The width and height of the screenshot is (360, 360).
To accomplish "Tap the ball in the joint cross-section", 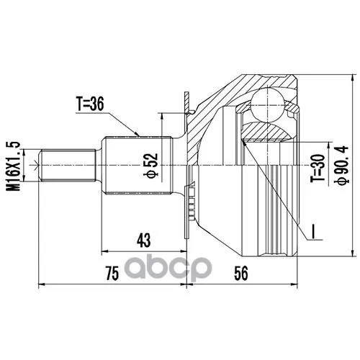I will tap(269, 102).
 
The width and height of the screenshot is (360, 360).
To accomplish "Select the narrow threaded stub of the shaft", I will tap(69, 165).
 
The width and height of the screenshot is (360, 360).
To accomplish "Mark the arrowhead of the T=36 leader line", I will tap(138, 135).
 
